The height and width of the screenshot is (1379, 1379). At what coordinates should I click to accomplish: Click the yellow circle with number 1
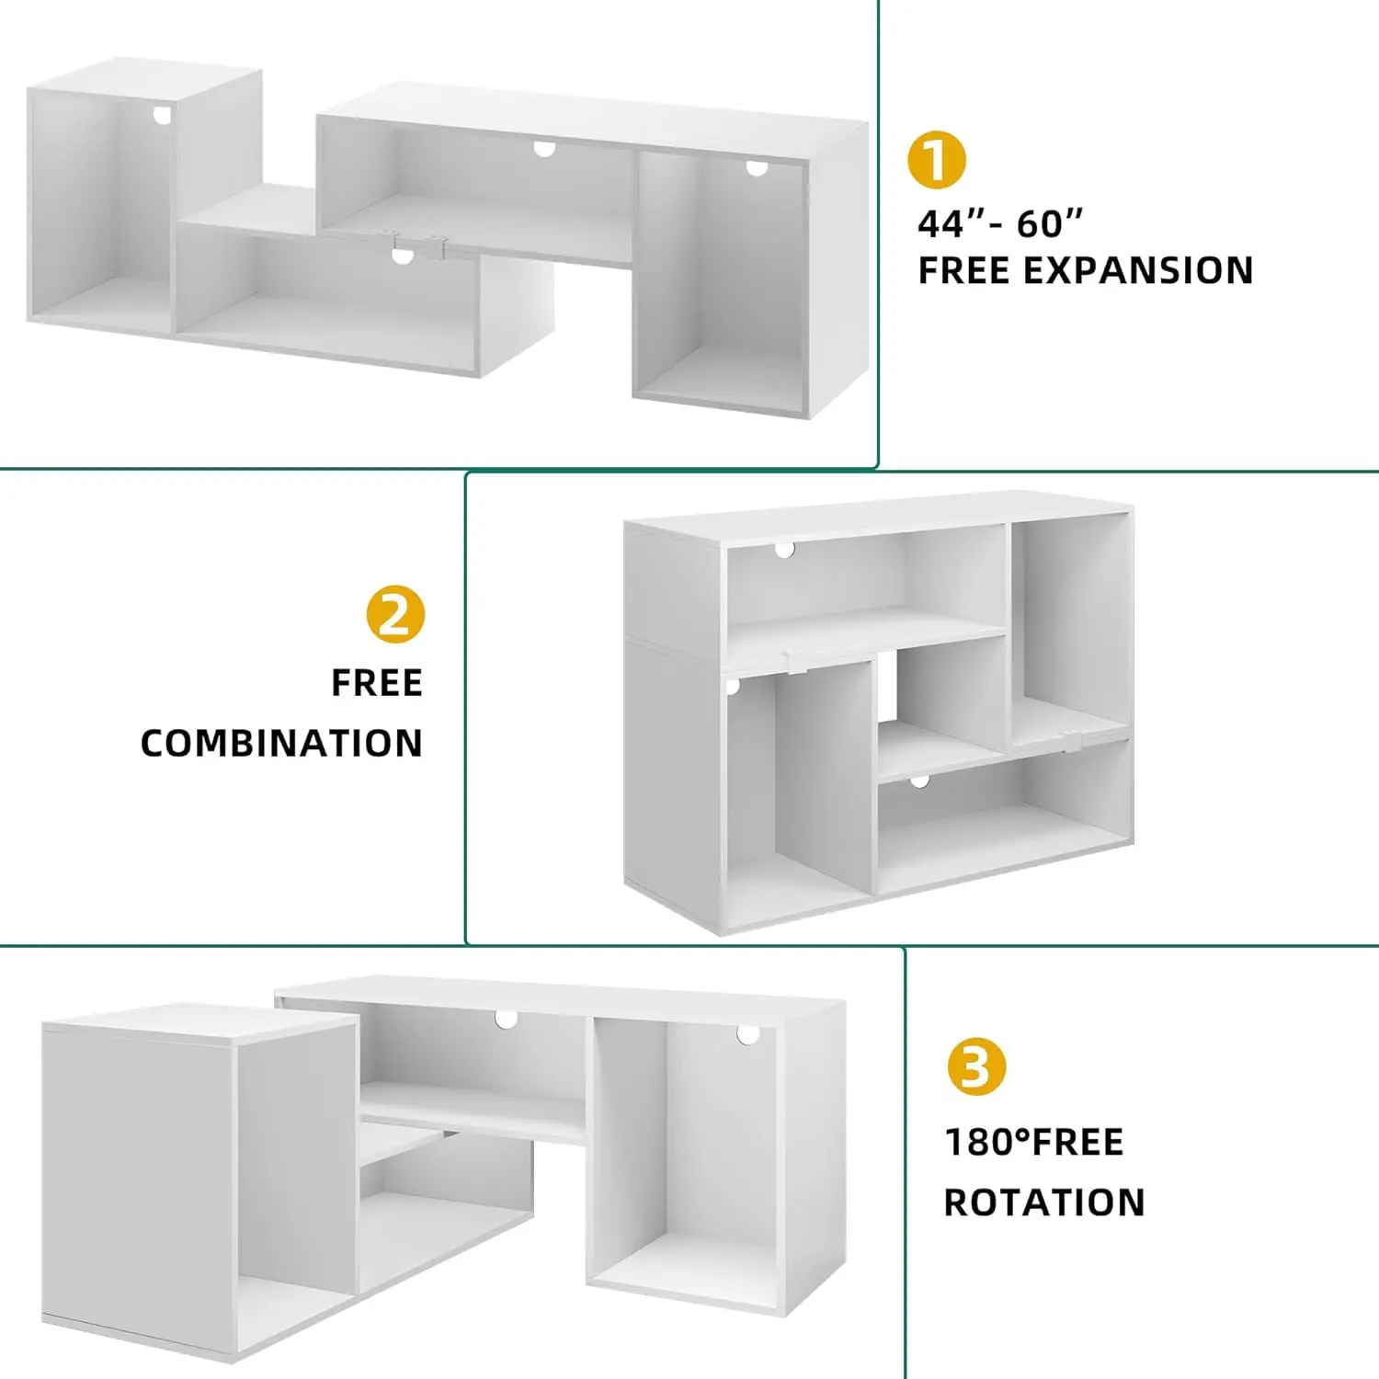(936, 160)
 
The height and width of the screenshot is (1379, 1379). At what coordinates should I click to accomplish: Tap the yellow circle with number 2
(395, 614)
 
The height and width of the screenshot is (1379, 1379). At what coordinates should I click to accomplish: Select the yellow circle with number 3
(976, 1066)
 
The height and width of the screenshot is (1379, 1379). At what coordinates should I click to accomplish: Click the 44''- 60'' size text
(1000, 223)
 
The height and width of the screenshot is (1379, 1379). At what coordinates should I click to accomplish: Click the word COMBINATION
(281, 743)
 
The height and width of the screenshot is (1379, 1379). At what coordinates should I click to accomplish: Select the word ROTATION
(1044, 1202)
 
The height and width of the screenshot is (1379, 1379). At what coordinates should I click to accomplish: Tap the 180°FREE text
(1034, 1142)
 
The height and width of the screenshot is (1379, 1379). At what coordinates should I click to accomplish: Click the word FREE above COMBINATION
(377, 683)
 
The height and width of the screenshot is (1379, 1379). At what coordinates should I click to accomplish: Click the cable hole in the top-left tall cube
(163, 115)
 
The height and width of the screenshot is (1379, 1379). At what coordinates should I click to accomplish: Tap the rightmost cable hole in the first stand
(757, 168)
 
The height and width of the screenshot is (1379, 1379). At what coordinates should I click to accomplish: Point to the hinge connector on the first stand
(418, 245)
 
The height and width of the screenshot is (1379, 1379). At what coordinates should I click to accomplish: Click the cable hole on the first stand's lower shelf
(403, 256)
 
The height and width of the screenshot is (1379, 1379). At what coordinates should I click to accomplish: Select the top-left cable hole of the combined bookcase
(784, 549)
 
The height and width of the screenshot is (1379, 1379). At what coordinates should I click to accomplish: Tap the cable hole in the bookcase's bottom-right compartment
(919, 781)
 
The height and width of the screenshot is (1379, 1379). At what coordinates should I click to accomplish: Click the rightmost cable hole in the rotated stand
(748, 1035)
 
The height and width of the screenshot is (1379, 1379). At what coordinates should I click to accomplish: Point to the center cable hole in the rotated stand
(506, 1019)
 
